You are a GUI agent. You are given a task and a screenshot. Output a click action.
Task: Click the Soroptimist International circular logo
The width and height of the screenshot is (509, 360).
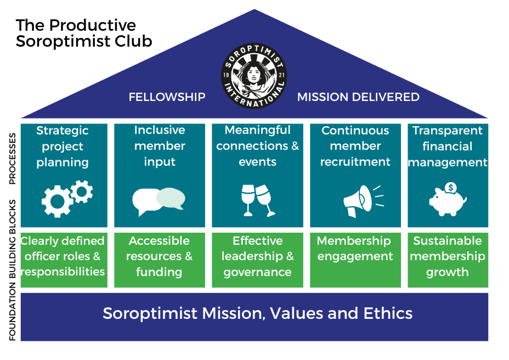[254, 74]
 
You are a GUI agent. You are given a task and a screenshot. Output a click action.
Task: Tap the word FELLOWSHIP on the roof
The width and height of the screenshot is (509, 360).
[167, 97]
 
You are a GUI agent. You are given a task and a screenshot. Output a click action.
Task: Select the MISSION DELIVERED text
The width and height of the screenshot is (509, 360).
[358, 97]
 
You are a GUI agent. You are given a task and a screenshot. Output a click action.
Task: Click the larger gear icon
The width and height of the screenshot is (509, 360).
[58, 201]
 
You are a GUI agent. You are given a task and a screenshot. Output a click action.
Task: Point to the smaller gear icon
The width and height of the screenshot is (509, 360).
[81, 191]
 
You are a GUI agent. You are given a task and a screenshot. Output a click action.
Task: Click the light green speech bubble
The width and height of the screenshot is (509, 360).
[171, 198]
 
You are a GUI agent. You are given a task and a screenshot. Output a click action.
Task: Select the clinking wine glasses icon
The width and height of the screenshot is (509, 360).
[257, 199]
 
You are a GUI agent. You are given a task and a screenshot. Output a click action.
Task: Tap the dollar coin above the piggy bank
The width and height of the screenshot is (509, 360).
[451, 188]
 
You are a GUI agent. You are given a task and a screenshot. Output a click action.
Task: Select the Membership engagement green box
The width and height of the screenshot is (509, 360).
[355, 260]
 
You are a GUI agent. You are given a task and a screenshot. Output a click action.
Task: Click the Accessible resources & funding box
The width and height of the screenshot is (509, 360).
[159, 260]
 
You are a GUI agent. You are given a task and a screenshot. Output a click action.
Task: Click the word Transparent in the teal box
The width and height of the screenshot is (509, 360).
[448, 131]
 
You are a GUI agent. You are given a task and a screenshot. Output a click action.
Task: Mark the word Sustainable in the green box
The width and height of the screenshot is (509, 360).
[448, 241]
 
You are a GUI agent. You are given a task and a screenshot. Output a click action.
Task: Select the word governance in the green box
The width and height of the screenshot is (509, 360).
[257, 272]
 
